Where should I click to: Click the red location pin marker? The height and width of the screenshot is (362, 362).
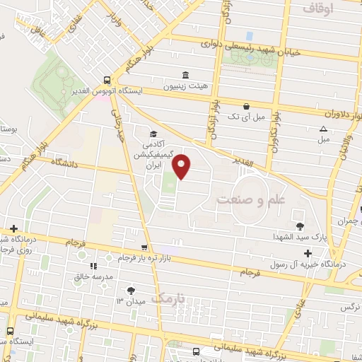click(x=182, y=167)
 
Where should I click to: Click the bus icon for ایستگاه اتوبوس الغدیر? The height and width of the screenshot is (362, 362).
click(x=107, y=81)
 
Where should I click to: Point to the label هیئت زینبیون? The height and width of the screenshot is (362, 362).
click(x=185, y=87)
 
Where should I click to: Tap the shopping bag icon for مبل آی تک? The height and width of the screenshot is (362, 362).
click(x=246, y=106)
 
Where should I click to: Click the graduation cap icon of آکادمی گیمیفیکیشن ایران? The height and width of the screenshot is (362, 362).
click(x=151, y=134)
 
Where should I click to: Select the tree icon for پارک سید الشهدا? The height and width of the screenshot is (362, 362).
click(x=301, y=226)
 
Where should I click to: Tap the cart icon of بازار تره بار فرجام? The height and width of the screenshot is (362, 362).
click(x=145, y=247)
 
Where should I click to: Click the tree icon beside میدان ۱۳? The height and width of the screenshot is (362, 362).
click(x=130, y=290)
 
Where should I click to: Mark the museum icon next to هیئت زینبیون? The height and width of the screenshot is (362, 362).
click(x=185, y=75)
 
